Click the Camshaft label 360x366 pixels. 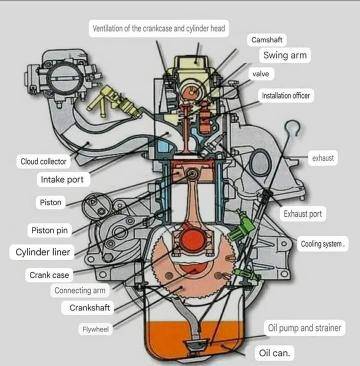(267, 40)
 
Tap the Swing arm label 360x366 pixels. (285, 55)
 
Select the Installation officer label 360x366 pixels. (286, 96)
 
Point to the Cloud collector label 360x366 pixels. (43, 162)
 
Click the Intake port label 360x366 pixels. (63, 180)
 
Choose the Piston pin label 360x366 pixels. (49, 230)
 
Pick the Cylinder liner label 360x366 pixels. (43, 252)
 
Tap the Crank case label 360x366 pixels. (49, 275)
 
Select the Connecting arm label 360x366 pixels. (80, 290)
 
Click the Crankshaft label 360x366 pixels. (89, 307)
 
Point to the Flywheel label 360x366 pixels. (95, 330)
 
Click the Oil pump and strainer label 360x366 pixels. (305, 328)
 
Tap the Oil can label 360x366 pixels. (275, 353)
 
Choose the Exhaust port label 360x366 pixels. (303, 214)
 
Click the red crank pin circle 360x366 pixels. (193, 241)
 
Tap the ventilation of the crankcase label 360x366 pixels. (159, 28)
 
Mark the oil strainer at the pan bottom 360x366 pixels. (197, 346)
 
